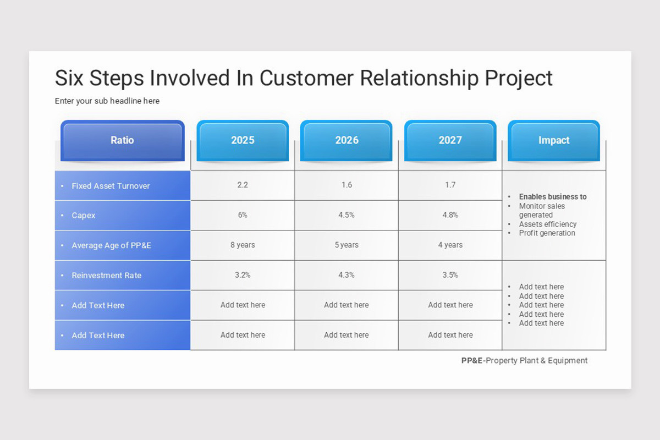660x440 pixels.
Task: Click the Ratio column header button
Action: pyautogui.click(x=123, y=141)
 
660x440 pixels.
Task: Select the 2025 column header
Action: pyautogui.click(x=243, y=141)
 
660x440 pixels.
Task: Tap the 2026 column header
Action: pyautogui.click(x=346, y=141)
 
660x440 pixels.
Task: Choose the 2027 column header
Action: pyautogui.click(x=450, y=141)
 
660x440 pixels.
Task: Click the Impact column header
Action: pyautogui.click(x=554, y=141)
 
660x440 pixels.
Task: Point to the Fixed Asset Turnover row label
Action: pyautogui.click(x=111, y=186)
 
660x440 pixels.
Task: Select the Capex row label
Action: pyautogui.click(x=84, y=216)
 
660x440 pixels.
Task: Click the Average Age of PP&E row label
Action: pyautogui.click(x=111, y=245)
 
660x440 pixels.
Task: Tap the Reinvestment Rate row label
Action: pyautogui.click(x=107, y=275)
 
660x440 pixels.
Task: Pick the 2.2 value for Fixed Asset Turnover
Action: pyautogui.click(x=243, y=185)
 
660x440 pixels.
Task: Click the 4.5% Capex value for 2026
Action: pyautogui.click(x=346, y=215)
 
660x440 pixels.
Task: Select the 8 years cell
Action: pyautogui.click(x=243, y=245)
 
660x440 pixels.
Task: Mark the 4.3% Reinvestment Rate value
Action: pyautogui.click(x=346, y=275)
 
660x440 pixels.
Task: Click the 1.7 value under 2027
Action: pyautogui.click(x=450, y=185)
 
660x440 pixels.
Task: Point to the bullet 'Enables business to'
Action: pyautogui.click(x=553, y=196)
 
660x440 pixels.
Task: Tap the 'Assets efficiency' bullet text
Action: pyautogui.click(x=548, y=224)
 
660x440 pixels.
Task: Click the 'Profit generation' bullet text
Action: pyautogui.click(x=547, y=233)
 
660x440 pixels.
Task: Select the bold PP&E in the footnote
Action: pyautogui.click(x=472, y=360)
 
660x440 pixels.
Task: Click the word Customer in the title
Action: pyautogui.click(x=306, y=78)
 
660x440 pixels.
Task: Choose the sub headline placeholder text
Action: pyautogui.click(x=107, y=101)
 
